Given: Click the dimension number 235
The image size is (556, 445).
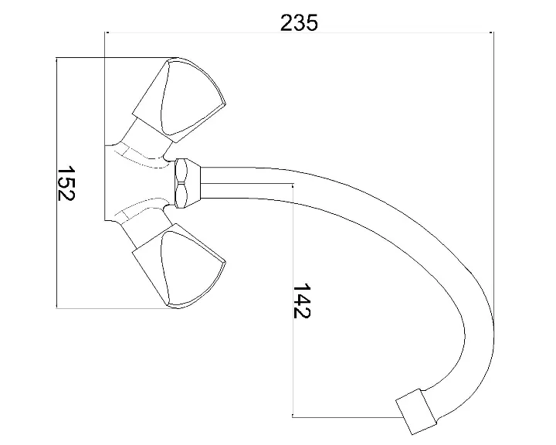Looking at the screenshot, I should click(x=299, y=22).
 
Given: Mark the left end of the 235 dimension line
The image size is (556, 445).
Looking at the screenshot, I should click(x=104, y=32).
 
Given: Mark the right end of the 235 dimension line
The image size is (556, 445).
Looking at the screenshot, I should click(x=493, y=32).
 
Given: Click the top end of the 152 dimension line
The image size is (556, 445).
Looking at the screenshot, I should click(x=58, y=58).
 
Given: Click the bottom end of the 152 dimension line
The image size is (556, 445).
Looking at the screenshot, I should click(x=58, y=308).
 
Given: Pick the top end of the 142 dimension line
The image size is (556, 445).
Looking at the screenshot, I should click(x=293, y=184).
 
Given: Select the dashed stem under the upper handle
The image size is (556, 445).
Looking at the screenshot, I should click(x=143, y=155).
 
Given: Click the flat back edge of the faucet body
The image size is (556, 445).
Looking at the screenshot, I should click(x=104, y=183).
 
